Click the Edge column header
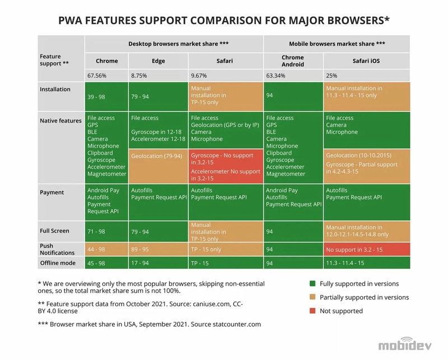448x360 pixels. tap(158, 61)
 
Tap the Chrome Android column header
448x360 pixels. tap(293, 61)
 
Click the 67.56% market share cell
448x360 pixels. tap(96, 75)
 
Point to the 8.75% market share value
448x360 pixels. tap(140, 75)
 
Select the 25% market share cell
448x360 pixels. tap(332, 75)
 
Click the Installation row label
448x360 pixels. tap(55, 89)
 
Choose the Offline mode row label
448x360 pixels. tap(58, 263)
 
